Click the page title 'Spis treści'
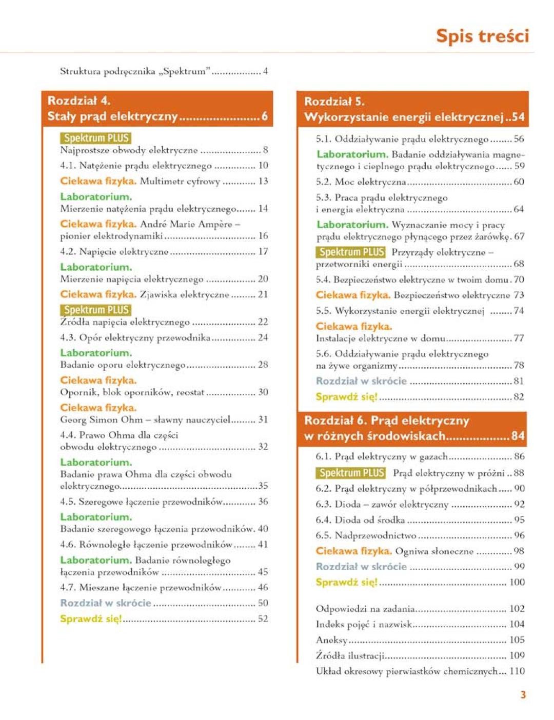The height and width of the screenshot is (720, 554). pyautogui.click(x=482, y=36)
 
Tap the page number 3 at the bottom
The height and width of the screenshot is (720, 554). pyautogui.click(x=523, y=695)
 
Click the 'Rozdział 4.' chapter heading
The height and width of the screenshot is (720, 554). pyautogui.click(x=79, y=101)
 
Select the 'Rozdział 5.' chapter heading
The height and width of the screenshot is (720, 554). pyautogui.click(x=334, y=102)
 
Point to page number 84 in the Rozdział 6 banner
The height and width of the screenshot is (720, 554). pyautogui.click(x=518, y=436)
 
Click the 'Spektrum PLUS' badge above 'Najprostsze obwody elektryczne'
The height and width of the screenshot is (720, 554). pyautogui.click(x=95, y=138)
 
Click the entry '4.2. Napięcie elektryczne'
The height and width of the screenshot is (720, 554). pyautogui.click(x=114, y=251)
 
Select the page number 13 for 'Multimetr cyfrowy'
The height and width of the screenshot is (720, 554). pyautogui.click(x=263, y=181)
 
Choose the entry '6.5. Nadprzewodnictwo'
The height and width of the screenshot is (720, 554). pyautogui.click(x=366, y=535)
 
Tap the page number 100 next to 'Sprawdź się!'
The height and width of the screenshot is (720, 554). pyautogui.click(x=517, y=582)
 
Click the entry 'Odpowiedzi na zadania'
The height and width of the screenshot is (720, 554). pyautogui.click(x=365, y=609)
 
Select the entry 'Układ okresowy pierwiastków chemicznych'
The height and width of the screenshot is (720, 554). pyautogui.click(x=407, y=671)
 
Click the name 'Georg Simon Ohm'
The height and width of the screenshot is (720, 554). pyautogui.click(x=101, y=419)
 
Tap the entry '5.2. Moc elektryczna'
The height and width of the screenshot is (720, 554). pyautogui.click(x=361, y=182)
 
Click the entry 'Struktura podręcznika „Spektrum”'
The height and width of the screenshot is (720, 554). pyautogui.click(x=135, y=71)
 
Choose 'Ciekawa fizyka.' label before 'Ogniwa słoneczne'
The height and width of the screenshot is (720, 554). pyautogui.click(x=353, y=551)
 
